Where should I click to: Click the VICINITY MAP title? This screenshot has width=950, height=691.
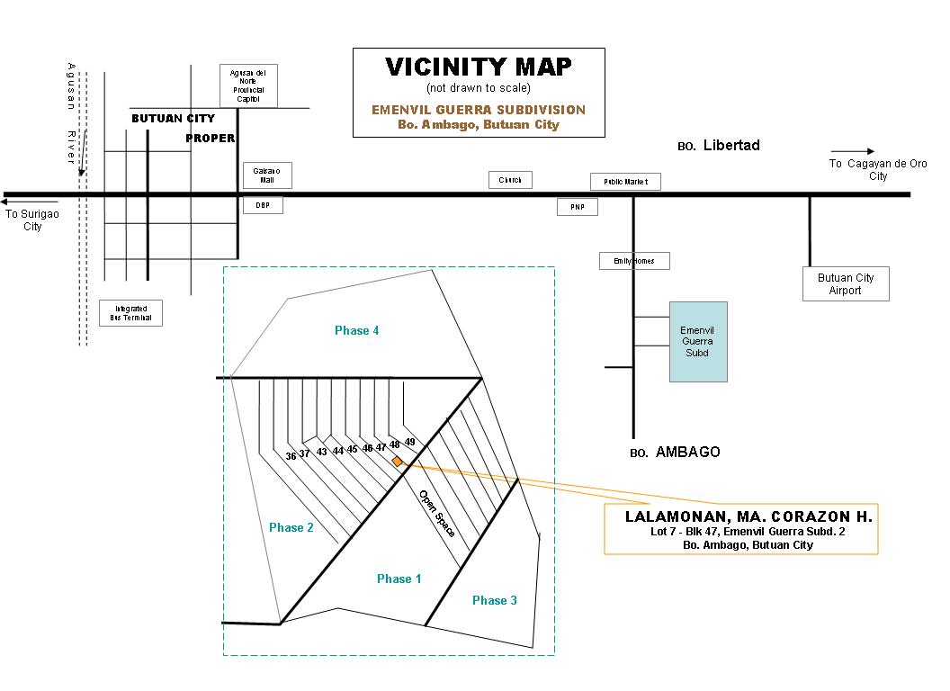coord(478,67)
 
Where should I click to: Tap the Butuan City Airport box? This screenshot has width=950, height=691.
coord(846,283)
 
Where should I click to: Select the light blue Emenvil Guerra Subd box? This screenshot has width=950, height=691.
coord(697,341)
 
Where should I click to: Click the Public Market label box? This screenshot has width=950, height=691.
coord(625,182)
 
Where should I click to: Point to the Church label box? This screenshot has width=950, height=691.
coord(510,180)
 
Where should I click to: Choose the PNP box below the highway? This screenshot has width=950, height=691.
coord(577,207)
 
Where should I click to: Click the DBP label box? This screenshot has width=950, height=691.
coord(263,205)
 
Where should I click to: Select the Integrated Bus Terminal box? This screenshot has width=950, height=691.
coord(130,313)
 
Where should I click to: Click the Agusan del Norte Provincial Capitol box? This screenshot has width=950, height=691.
coord(248,85)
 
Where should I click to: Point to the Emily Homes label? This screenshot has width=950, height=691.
coord(634,261)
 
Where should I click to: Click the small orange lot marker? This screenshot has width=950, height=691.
coord(397,461)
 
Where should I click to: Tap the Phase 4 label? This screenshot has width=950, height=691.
coord(356,331)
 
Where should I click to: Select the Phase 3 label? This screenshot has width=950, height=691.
coord(494,600)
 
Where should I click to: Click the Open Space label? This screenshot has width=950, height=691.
coord(436,514)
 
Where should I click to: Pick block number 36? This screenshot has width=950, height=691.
coord(291,456)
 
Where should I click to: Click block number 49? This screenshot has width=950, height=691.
coord(409,442)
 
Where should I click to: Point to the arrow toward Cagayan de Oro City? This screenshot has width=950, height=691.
coord(852,151)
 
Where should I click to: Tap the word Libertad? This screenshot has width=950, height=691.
coord(731,145)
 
